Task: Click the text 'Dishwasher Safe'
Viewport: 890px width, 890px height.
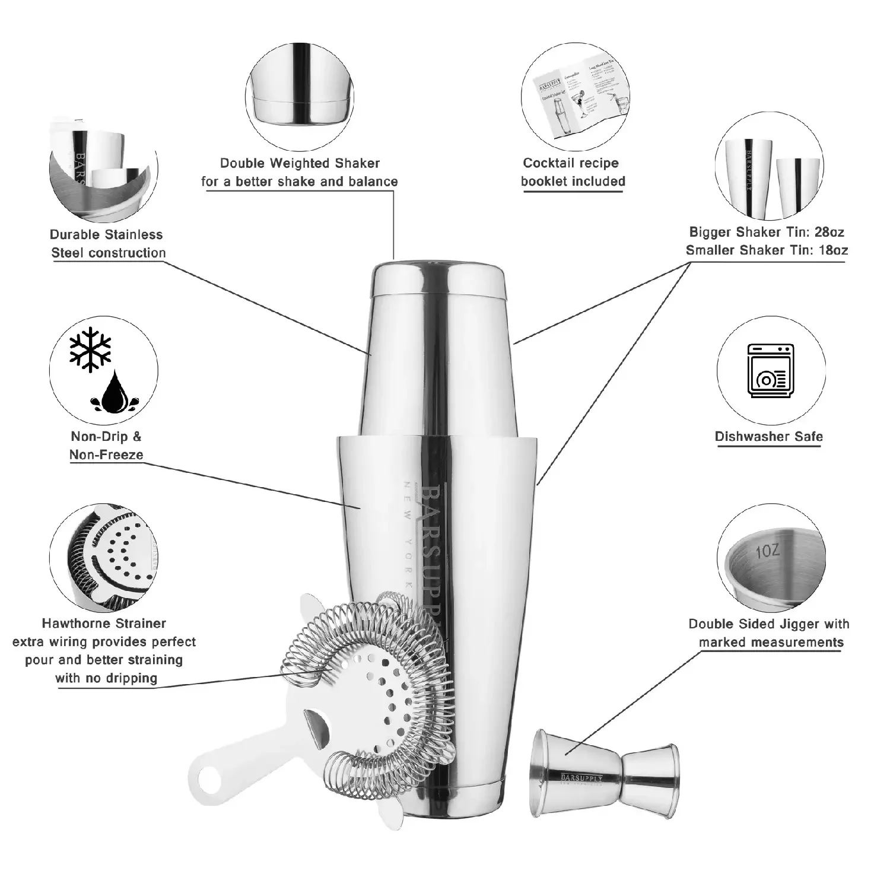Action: point(768,437)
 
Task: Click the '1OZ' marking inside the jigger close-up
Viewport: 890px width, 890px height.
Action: point(768,551)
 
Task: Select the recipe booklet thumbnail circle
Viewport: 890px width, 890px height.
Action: point(575,97)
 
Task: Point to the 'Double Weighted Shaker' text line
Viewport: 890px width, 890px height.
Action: point(300,163)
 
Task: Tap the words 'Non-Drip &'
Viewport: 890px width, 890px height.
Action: point(106,437)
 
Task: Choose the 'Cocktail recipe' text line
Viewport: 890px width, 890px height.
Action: point(571,163)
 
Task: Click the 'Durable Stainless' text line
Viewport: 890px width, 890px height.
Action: point(106,234)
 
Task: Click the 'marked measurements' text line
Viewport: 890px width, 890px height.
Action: point(771,643)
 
